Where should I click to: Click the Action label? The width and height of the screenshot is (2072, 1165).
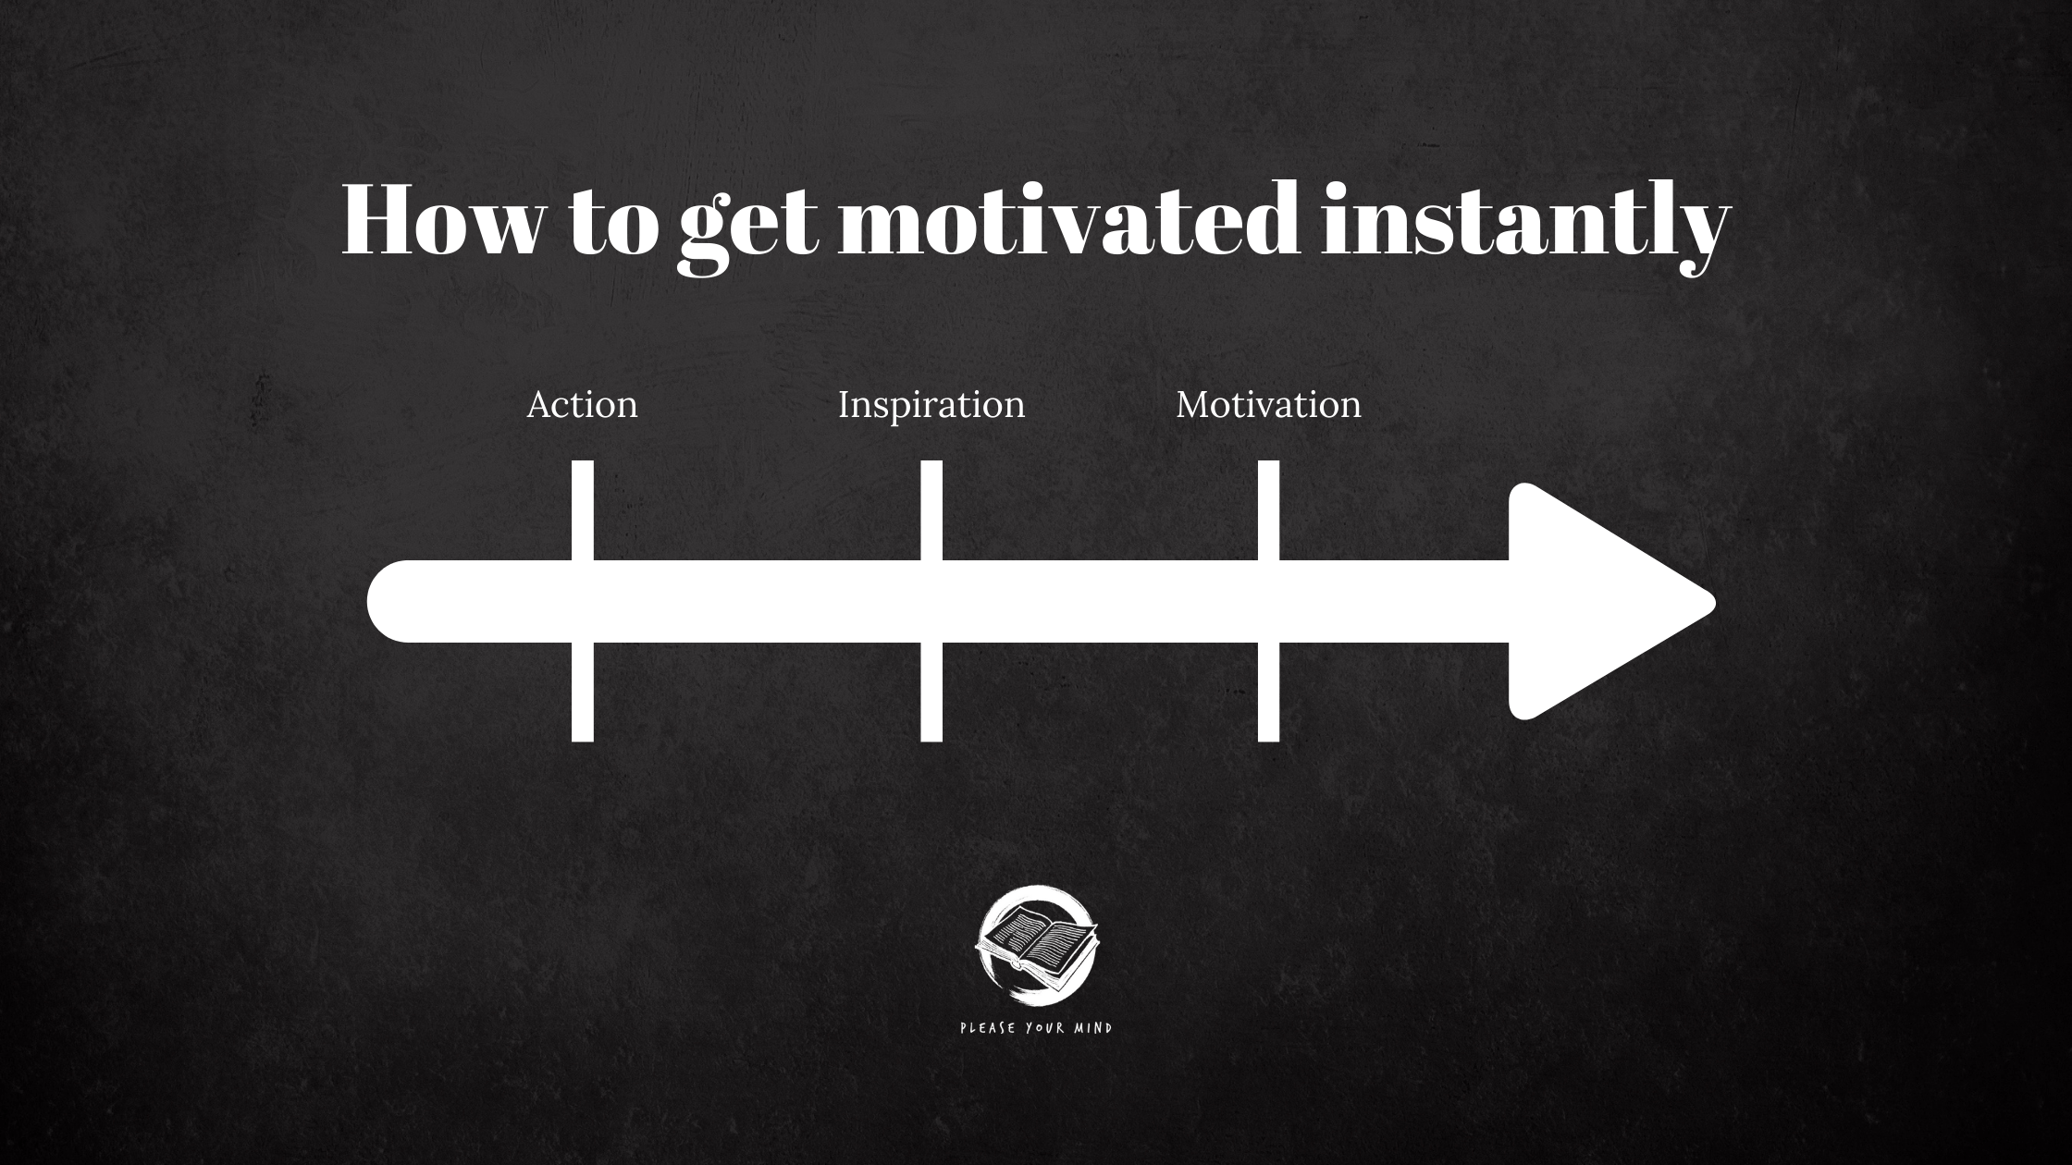(582, 405)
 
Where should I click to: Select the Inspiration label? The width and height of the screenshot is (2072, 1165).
(931, 406)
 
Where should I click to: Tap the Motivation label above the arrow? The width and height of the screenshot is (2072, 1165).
(1268, 405)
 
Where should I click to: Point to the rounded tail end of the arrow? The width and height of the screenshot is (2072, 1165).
(370, 601)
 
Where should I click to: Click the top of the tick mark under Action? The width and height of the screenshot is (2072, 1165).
(583, 461)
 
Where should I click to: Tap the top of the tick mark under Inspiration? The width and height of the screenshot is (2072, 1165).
(931, 461)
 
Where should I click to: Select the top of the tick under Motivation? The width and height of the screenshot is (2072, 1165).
(1268, 461)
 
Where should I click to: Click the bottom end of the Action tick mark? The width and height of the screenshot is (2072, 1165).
(583, 741)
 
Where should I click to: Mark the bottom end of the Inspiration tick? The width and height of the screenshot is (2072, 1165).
(931, 741)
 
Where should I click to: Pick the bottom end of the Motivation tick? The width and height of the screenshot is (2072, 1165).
(1268, 741)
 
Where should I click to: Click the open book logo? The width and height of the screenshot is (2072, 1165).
(1037, 943)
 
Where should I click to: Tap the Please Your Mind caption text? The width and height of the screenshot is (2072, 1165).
(1036, 1028)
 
